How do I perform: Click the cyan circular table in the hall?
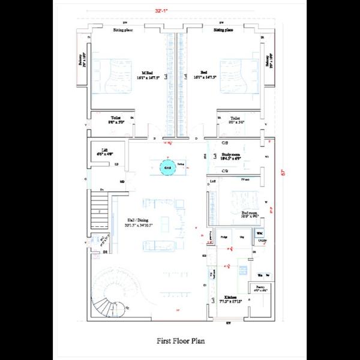click(168, 166)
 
